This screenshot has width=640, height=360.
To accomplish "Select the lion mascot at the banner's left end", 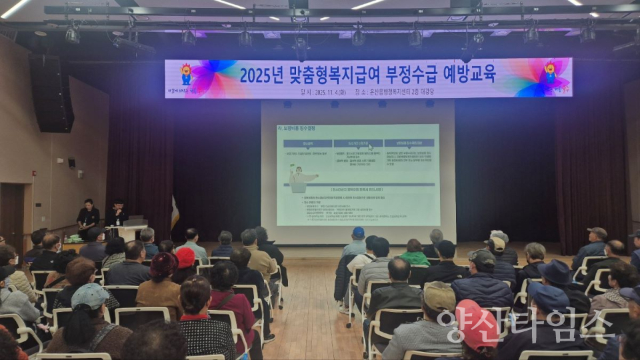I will coord(186,73).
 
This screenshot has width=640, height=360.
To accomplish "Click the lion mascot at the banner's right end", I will coord(550,73).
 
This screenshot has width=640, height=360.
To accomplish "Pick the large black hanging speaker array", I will coord(52,93).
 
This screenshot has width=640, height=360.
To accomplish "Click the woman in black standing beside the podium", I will coord(87,215).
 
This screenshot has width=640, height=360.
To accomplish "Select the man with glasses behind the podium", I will coord(117,213).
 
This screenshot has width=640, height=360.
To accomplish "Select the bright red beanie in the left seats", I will coord(185,257).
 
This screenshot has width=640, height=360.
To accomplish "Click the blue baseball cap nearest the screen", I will coord(359,233).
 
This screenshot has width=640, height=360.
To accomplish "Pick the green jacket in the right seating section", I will coord(414,257).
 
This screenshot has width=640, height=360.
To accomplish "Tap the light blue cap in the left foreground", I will coord(89,295).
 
